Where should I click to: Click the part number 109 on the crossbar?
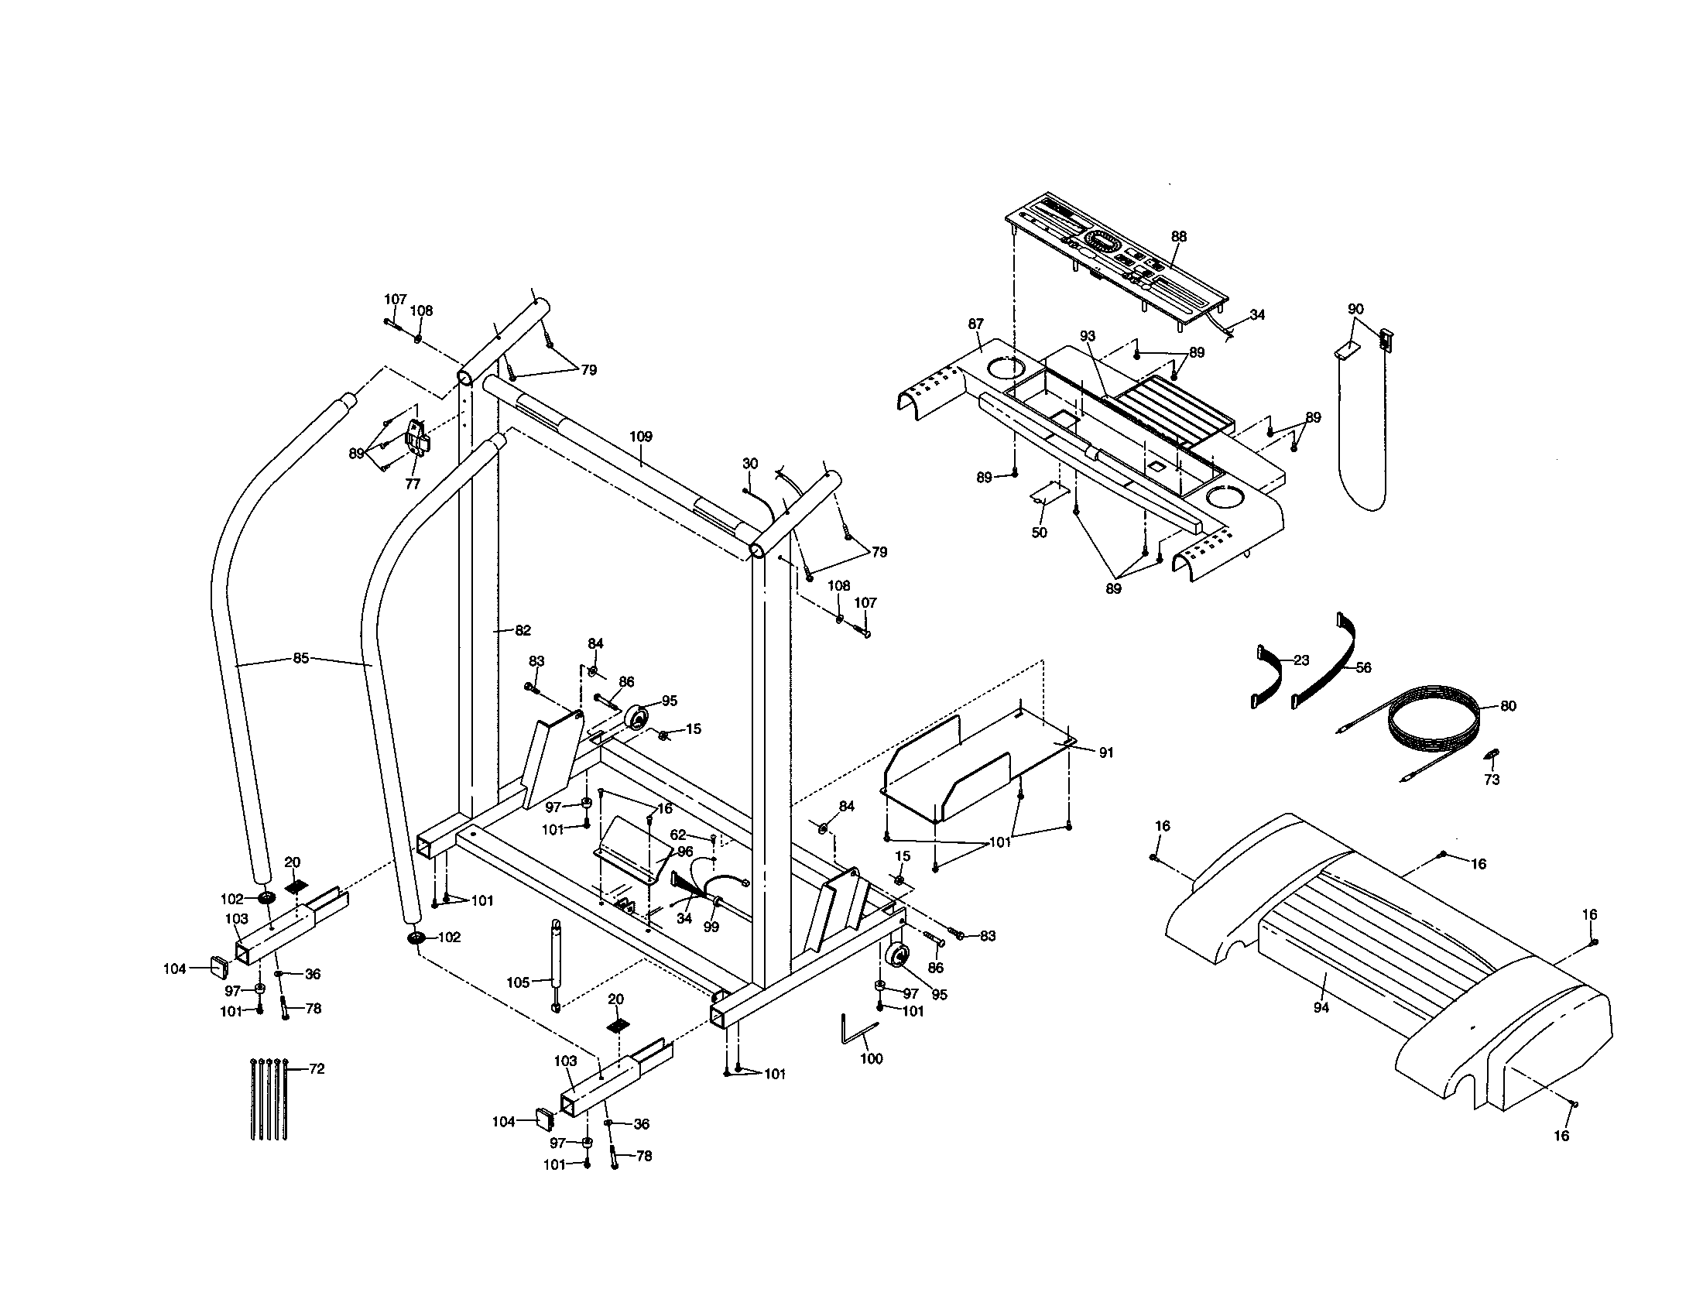[640, 437]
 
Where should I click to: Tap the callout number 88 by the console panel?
[1178, 236]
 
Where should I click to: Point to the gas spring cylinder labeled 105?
[556, 965]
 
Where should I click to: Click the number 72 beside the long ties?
[316, 1069]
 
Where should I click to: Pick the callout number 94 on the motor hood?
[1320, 1008]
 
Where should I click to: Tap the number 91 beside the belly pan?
[1105, 752]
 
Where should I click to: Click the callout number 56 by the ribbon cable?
[1362, 667]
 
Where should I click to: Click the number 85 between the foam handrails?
[301, 658]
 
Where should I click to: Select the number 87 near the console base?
[975, 324]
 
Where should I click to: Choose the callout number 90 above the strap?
[1355, 309]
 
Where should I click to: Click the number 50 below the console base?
[1039, 533]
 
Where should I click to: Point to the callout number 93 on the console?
[1087, 336]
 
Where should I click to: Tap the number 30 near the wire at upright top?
[749, 463]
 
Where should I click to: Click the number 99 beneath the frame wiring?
[711, 927]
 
